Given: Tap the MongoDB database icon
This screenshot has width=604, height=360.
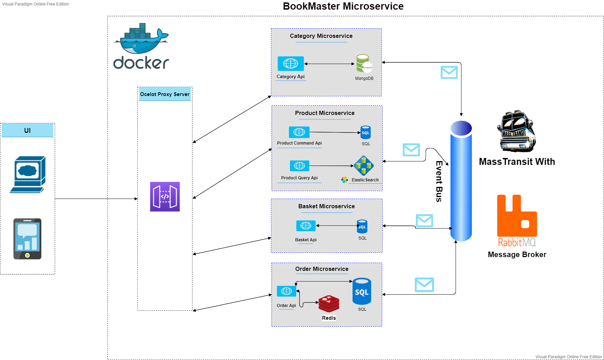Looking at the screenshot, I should click(364, 63).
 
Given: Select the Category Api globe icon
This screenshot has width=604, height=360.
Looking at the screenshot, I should click(291, 64).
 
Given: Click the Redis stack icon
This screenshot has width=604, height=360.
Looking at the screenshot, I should click(329, 304).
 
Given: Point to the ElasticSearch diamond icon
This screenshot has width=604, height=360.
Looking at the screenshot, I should click(364, 166).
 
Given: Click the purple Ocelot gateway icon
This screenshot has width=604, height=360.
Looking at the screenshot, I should click(165, 197).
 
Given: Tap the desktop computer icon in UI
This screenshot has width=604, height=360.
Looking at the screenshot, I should click(28, 174).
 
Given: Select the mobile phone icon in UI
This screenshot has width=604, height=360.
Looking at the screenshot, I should click(28, 239).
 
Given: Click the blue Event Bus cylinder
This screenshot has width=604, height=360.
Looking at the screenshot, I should click(461, 181).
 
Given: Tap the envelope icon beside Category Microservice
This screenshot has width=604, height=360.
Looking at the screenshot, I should click(449, 72).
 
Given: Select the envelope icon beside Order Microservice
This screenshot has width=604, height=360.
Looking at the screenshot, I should click(424, 285).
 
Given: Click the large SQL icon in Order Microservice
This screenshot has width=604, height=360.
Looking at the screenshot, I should click(362, 292).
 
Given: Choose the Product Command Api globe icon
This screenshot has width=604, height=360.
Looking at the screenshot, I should click(299, 132).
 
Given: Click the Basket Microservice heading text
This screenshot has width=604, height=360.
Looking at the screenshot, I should click(326, 206).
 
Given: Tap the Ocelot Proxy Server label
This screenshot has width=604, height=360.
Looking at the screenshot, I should click(165, 94).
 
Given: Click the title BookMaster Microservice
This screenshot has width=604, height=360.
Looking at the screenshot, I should click(343, 6).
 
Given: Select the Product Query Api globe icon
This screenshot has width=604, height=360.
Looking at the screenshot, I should click(299, 166).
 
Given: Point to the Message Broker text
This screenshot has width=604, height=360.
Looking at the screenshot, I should click(517, 255).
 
